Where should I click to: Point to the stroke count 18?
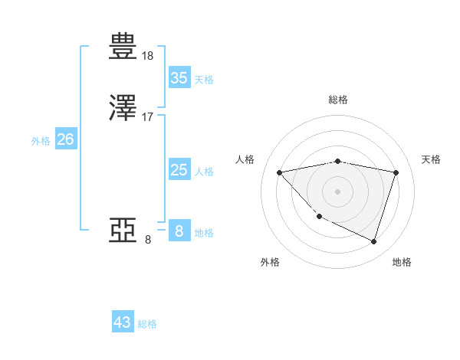tap(148, 55)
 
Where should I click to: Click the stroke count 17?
tap(148, 116)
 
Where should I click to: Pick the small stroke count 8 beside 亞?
tap(148, 239)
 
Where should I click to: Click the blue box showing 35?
tap(179, 78)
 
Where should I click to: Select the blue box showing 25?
tap(179, 170)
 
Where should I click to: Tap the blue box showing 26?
tap(65, 139)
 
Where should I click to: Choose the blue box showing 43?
tap(123, 322)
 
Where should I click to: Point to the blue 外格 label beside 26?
tap(40, 141)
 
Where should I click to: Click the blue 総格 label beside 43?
tap(147, 324)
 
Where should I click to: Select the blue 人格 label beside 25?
tap(204, 172)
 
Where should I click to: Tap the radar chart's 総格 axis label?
tap(338, 100)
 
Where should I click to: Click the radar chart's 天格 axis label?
tap(431, 159)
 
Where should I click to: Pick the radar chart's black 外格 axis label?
tap(270, 263)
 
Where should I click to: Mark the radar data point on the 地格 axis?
tap(373, 242)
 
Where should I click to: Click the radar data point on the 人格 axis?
tap(280, 172)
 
